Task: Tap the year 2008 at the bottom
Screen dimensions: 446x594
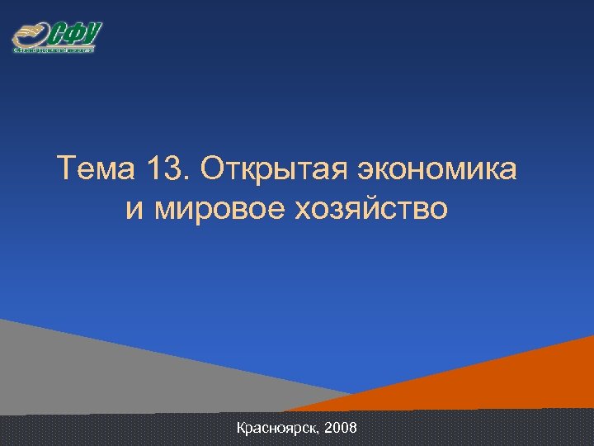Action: pyautogui.click(x=341, y=429)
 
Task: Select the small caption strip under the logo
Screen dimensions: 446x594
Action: pyautogui.click(x=54, y=50)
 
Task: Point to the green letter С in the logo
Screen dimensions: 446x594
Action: pyautogui.click(x=58, y=35)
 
